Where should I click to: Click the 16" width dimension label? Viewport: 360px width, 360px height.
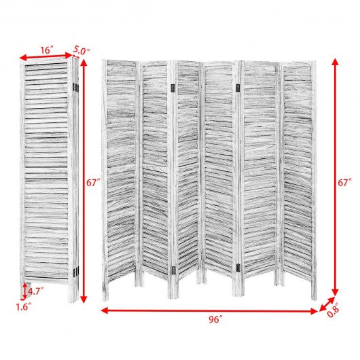[x=47, y=50]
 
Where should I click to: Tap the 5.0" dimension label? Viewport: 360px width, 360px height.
[x=82, y=51]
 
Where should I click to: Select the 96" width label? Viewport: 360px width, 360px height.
[x=215, y=319]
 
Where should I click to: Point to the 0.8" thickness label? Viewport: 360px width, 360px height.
[x=333, y=310]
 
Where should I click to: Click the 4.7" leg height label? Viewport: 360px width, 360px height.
[x=35, y=291]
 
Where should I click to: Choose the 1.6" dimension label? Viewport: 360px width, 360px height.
[x=23, y=307]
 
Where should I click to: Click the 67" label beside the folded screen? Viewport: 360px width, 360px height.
[x=93, y=183]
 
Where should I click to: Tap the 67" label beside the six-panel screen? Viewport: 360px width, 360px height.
[x=344, y=183]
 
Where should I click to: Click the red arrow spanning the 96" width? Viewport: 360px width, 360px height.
[x=209, y=311]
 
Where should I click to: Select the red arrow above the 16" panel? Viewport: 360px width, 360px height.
[x=46, y=56]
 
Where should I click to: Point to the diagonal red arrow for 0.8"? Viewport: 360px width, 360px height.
[x=327, y=304]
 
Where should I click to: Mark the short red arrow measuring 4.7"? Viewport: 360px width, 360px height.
[x=24, y=291]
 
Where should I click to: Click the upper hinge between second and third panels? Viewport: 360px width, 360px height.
[x=173, y=87]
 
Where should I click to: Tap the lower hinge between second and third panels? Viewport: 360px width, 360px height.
[x=174, y=270]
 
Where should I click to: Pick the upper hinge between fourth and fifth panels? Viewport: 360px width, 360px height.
[x=238, y=87]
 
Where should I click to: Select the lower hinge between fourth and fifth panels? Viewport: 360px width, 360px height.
[x=238, y=268]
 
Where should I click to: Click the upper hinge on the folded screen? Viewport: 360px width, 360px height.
[x=75, y=88]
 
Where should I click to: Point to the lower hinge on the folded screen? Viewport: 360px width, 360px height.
[x=76, y=271]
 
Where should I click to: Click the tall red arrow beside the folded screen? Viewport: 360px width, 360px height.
[x=84, y=181]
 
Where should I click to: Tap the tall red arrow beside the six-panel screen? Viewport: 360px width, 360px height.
[x=335, y=177]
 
